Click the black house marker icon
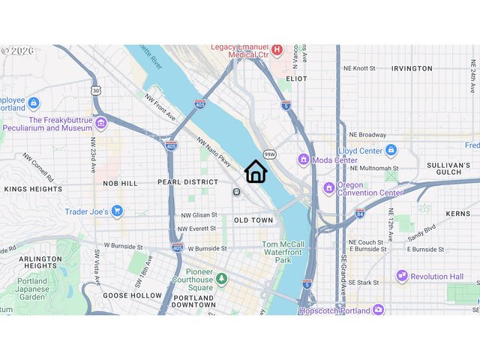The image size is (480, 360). [256, 172]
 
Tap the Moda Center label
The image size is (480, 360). [334, 160]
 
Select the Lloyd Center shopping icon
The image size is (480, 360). [391, 150]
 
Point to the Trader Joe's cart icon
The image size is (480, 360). [116, 211]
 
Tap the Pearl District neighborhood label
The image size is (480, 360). [187, 182]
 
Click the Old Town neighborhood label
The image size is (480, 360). [253, 220]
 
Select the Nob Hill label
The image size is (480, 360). [120, 183]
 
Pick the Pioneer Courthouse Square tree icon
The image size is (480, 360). [221, 279]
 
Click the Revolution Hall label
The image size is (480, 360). [437, 276]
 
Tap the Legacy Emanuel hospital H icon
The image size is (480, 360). [277, 50]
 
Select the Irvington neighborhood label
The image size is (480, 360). [412, 68]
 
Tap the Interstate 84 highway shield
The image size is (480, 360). [360, 214]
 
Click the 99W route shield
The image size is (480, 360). [270, 154]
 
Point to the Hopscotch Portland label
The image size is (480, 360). [334, 309]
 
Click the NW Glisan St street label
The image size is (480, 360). [198, 216]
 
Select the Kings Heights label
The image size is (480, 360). [33, 190]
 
